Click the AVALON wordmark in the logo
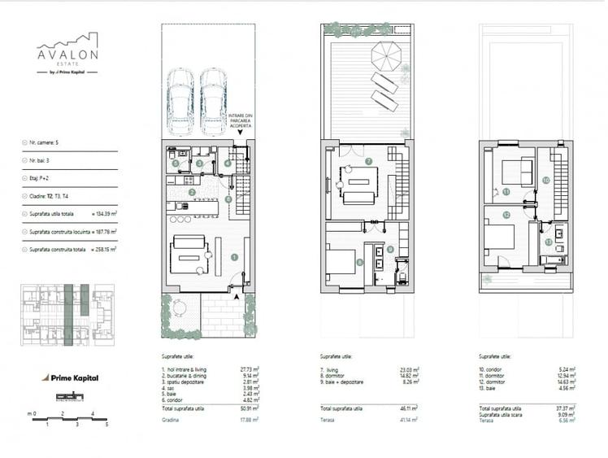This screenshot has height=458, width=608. coord(67,55)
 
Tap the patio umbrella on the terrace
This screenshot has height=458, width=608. coord(386,56)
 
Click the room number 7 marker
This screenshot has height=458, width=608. coord(367,162)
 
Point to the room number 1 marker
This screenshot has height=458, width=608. coord(234,257)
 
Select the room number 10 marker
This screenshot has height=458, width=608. coord(545,180)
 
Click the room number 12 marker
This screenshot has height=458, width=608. coord(506,216)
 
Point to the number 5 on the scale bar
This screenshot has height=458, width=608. coord(106,425)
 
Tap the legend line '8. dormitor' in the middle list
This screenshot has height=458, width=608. coord(337,375)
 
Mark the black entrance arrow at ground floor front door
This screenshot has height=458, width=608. coord(236,298)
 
